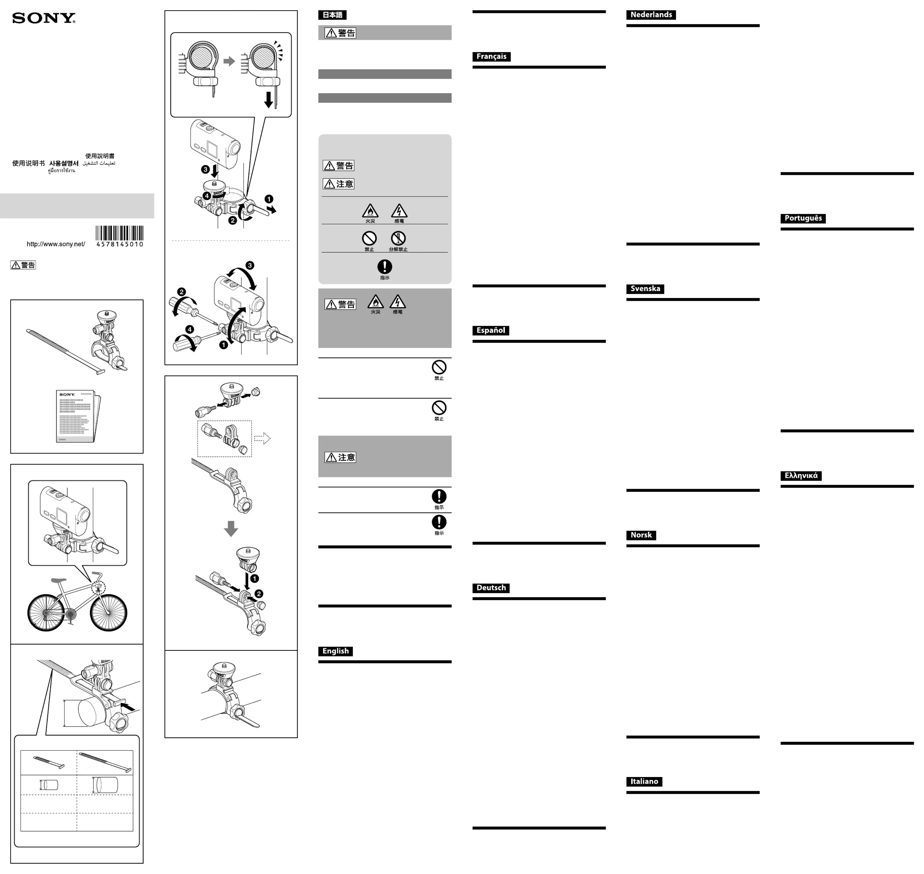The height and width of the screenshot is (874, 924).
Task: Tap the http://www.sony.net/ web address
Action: pos(56,244)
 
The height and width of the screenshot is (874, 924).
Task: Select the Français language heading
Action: pos(491,56)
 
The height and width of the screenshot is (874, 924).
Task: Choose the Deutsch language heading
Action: pos(491,588)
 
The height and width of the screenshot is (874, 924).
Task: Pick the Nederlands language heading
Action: pos(651,15)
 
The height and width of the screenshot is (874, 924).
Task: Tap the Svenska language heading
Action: pos(645,289)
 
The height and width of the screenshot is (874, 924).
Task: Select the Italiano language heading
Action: pos(644,782)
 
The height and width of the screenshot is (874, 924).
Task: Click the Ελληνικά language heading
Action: pos(801,476)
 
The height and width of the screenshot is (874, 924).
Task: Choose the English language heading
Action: pos(335,651)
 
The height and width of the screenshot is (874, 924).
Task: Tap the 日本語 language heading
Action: pos(332,15)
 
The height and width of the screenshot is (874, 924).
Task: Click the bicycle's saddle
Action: pos(58,581)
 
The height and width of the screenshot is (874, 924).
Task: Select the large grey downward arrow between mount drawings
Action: pos(231,528)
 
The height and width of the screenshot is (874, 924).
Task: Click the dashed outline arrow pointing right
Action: pos(262,439)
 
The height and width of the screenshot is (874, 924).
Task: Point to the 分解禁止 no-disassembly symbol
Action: pos(398,239)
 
